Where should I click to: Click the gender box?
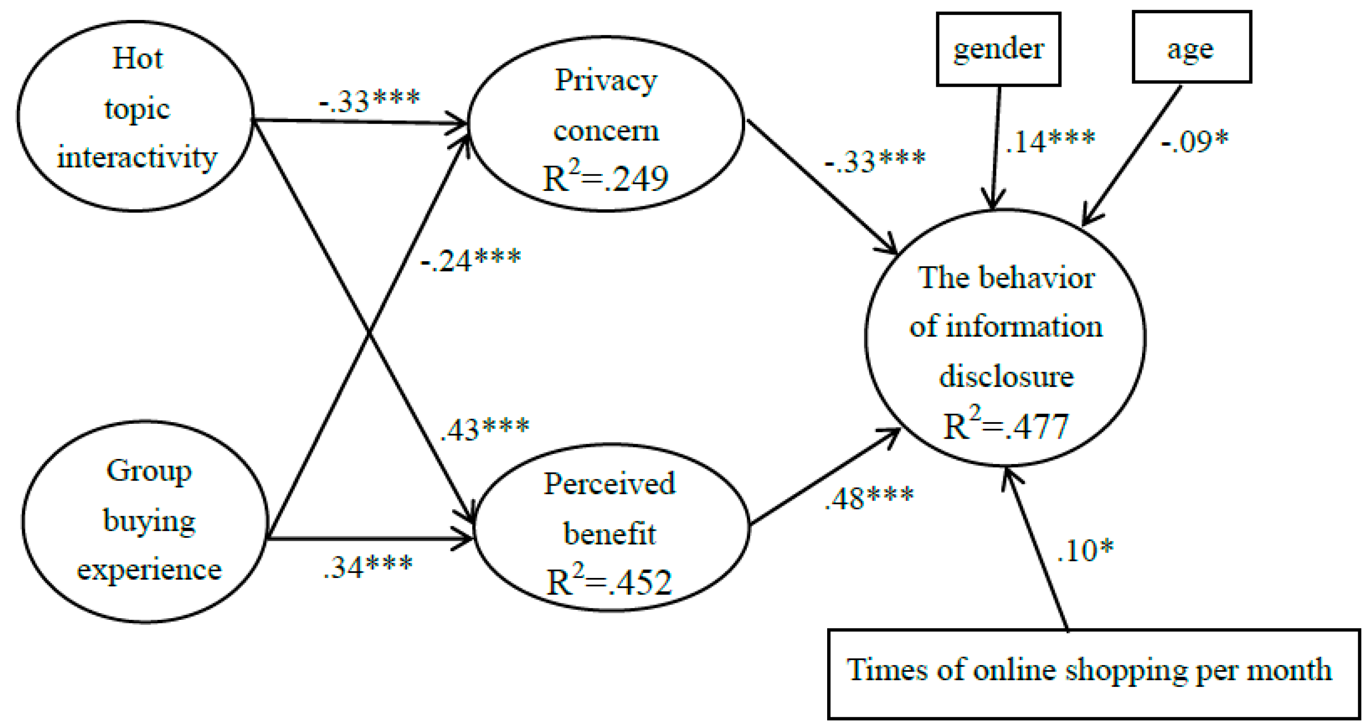click(998, 49)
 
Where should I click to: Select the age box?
click(1191, 48)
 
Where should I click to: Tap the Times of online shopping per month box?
click(1093, 673)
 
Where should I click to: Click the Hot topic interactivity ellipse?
click(136, 116)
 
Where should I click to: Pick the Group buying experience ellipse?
click(145, 522)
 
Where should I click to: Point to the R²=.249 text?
click(605, 178)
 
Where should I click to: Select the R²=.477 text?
click(1005, 426)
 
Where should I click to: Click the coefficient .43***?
click(484, 429)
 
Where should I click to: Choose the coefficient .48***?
click(869, 498)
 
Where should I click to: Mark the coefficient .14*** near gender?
click(1049, 141)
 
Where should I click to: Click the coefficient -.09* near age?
click(1194, 141)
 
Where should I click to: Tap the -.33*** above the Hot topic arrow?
click(369, 100)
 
